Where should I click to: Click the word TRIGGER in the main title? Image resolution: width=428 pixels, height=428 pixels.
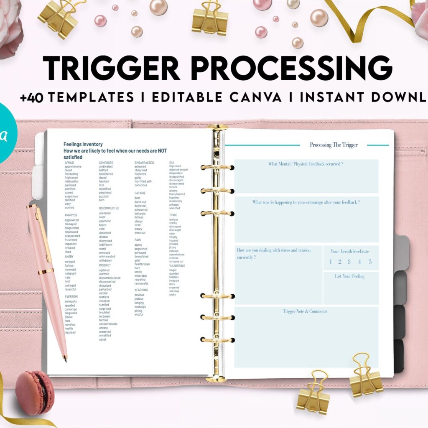click(111, 68)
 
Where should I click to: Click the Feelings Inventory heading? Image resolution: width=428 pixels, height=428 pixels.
click(83, 144)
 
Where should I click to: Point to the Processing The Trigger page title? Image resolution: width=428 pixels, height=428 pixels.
click(334, 145)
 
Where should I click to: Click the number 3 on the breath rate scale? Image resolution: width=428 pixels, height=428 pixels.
click(349, 262)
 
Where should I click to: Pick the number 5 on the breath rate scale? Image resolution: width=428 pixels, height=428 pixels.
click(370, 262)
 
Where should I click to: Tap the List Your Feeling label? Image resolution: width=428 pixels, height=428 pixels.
click(349, 276)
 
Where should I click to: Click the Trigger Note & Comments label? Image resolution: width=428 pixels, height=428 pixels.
click(305, 311)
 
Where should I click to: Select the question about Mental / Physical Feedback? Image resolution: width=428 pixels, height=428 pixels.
click(306, 164)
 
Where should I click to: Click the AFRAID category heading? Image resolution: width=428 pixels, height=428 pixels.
click(69, 163)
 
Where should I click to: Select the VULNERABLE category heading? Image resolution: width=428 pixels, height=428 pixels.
click(177, 265)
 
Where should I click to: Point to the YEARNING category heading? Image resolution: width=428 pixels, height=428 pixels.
click(141, 290)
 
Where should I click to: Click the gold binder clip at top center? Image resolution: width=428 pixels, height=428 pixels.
click(210, 19)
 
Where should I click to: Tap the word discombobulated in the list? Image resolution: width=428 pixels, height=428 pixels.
click(110, 278)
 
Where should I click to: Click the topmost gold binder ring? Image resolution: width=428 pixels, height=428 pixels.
click(217, 167)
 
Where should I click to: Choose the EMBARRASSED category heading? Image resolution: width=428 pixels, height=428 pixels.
click(144, 163)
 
